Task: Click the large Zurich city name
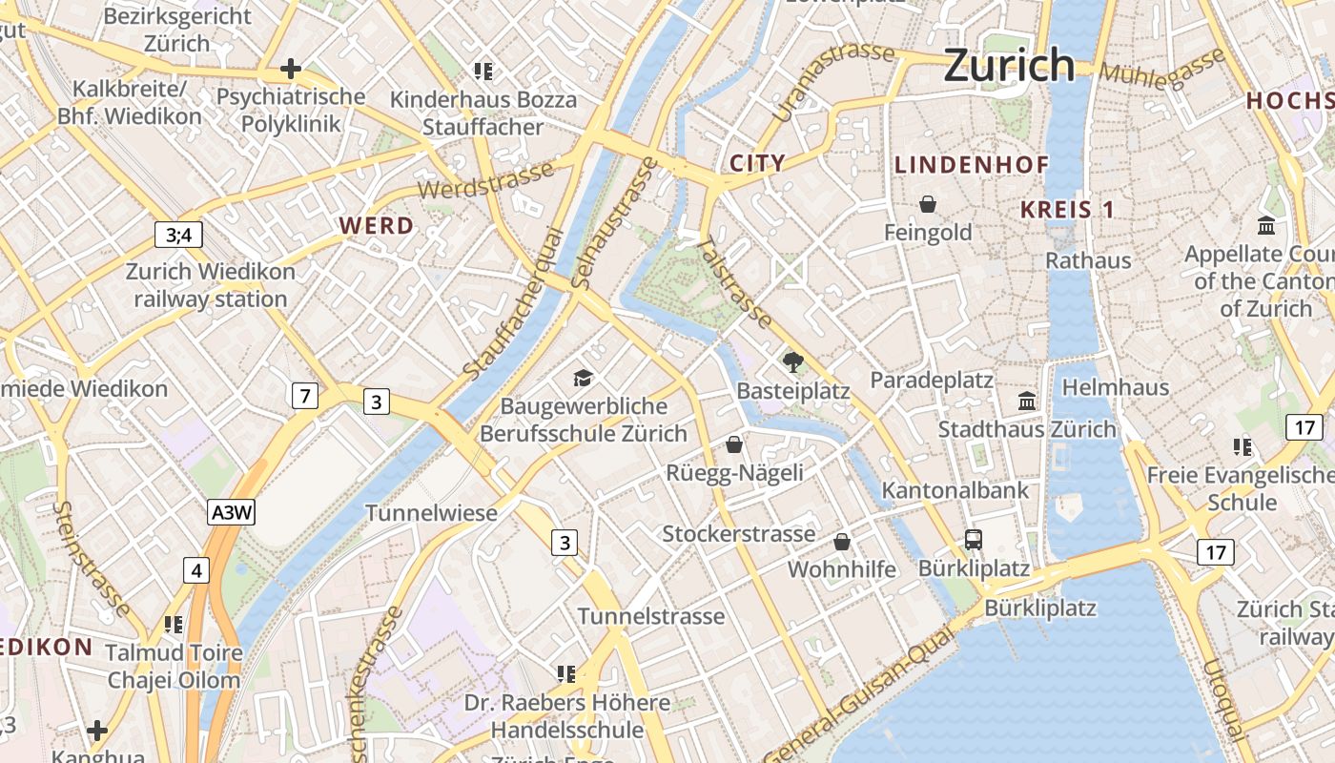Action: point(1009,65)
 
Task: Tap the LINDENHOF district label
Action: point(971,165)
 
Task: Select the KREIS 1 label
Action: point(1067,210)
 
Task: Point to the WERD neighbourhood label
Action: point(377,226)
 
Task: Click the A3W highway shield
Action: point(232,512)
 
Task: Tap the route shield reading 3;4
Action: point(178,235)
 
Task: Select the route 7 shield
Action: point(304,394)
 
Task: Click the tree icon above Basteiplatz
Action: point(791,361)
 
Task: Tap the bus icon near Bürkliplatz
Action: point(973,539)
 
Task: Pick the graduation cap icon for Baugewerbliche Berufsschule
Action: point(583,379)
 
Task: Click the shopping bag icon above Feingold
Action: point(927,204)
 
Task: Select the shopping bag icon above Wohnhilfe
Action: point(841,542)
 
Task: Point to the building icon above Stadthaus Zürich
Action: point(1026,401)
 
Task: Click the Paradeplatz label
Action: point(931,381)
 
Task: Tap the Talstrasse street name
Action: point(734,282)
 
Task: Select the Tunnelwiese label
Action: point(431,513)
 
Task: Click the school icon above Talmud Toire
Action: point(173,625)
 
